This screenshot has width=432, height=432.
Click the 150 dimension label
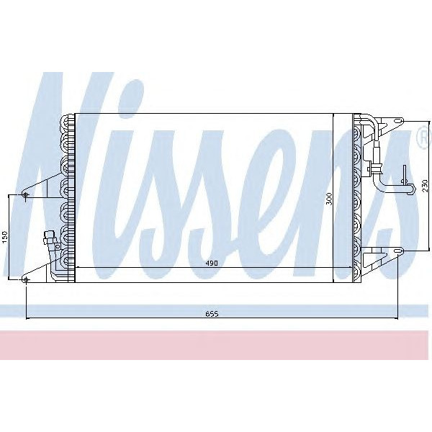tap(5, 236)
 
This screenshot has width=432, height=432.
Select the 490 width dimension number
tap(211, 264)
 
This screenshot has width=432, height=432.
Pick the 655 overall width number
tap(211, 313)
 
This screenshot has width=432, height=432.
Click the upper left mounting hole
tap(26, 194)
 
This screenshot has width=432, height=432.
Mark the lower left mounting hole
tap(26, 279)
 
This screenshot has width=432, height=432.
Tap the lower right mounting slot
tap(397, 251)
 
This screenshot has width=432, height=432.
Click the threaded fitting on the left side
tap(50, 239)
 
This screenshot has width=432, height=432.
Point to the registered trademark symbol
tap(423, 137)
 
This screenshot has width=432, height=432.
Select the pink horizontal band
tap(216, 345)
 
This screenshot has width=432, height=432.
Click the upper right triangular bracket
tap(385, 124)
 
